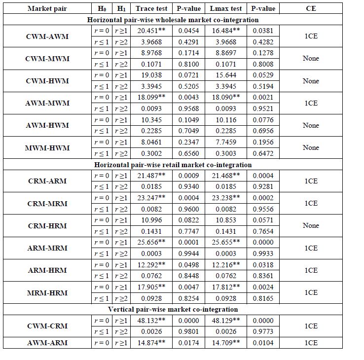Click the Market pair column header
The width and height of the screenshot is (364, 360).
47,8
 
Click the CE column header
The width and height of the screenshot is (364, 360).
311,8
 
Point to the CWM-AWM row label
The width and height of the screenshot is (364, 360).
47,36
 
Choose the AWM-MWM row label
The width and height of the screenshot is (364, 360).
47,103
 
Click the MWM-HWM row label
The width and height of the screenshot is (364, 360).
47,148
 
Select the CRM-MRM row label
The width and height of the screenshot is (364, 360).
47,203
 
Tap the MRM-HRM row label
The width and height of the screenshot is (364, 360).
47,292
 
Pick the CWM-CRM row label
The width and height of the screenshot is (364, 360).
47,326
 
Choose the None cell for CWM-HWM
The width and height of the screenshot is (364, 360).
311,81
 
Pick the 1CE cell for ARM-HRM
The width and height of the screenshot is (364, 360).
311,270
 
